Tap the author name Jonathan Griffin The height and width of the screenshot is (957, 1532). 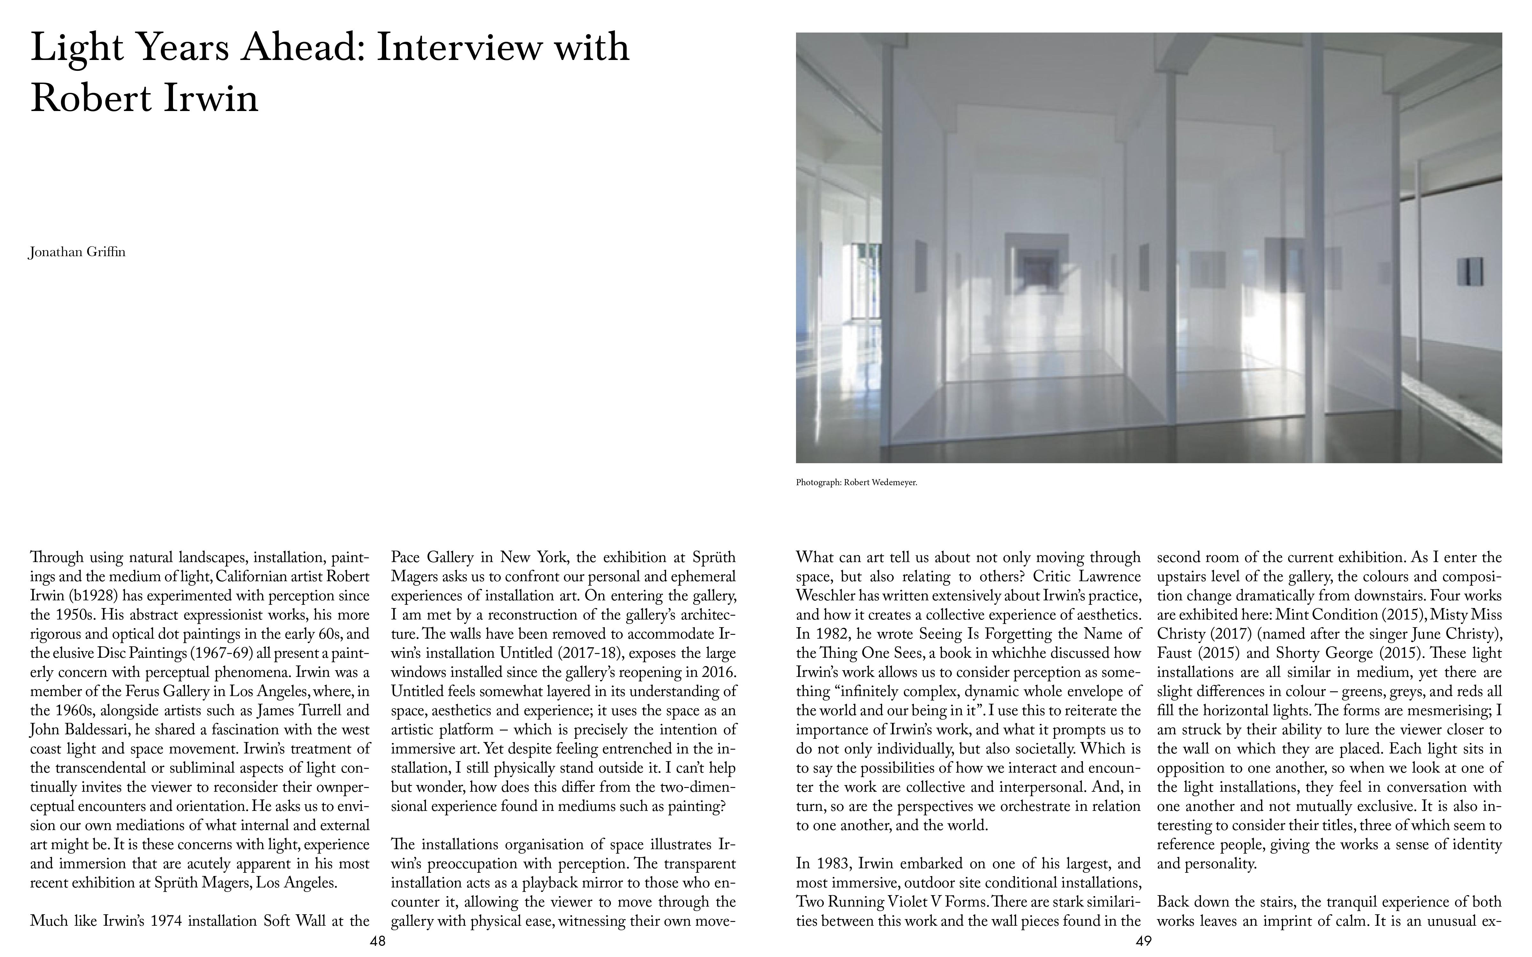click(77, 252)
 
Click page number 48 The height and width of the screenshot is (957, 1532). click(377, 941)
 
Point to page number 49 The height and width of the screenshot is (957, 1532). click(1143, 941)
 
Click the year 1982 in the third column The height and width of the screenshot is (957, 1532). click(830, 634)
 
